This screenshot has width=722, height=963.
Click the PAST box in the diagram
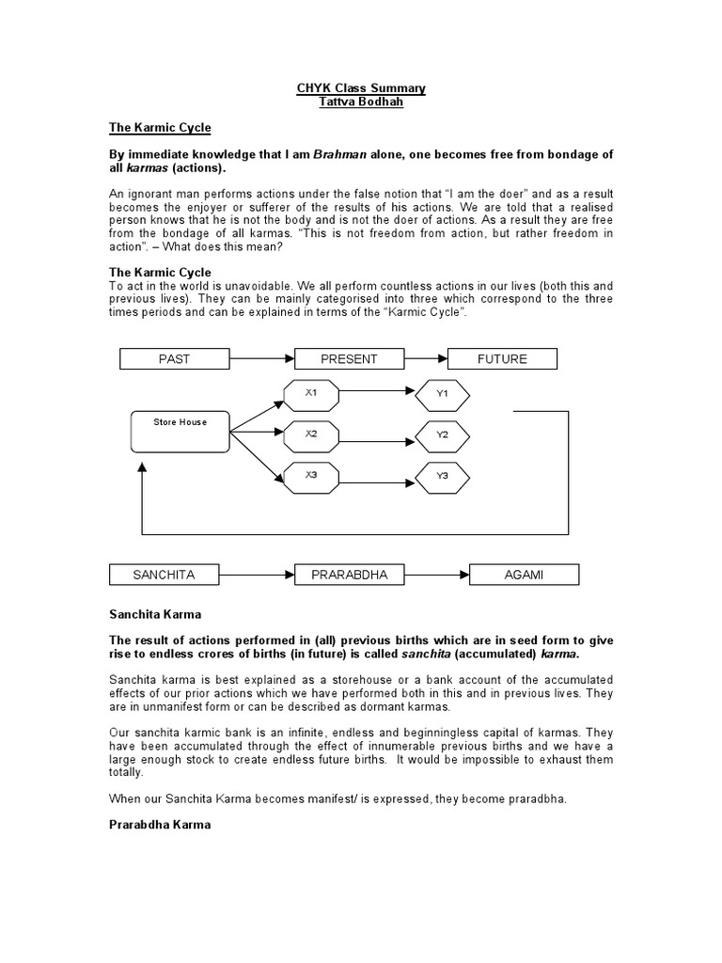[x=174, y=358]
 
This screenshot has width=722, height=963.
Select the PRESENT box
[x=349, y=358]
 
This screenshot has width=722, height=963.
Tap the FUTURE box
[x=502, y=358]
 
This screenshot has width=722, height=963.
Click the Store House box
[x=180, y=431]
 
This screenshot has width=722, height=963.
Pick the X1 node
[x=311, y=393]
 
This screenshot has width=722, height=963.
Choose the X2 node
[x=311, y=434]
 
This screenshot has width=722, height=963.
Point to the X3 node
[x=311, y=475]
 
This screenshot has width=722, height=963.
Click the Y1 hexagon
[x=442, y=394]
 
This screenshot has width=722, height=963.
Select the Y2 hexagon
[x=442, y=435]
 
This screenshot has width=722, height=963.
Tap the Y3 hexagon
[x=442, y=476]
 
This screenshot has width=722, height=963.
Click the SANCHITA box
[x=164, y=574]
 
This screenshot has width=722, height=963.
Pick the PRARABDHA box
[x=349, y=574]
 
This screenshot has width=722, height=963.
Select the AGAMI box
[x=525, y=574]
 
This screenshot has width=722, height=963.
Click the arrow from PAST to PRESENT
[x=261, y=358]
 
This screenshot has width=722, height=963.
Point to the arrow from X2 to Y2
[x=377, y=435]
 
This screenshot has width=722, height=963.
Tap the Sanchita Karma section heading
[x=155, y=614]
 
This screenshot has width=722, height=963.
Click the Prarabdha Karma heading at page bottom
[x=160, y=825]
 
